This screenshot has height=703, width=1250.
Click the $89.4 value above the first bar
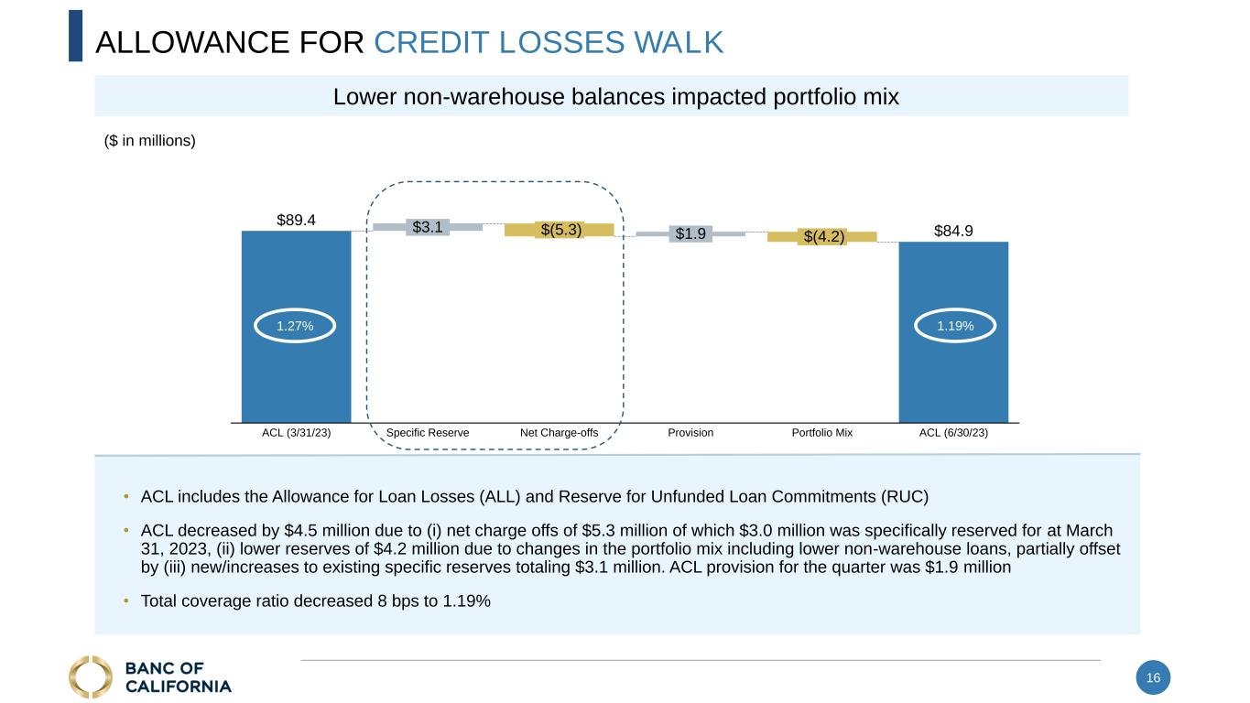[296, 220]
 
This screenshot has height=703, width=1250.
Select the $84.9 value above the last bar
[953, 231]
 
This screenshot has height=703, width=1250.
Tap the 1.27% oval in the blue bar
[296, 326]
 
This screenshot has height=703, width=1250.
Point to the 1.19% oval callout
[953, 326]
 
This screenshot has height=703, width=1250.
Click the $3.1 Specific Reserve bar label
[428, 226]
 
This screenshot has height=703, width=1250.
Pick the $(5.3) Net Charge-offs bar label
[560, 230]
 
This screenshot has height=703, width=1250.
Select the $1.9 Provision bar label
[690, 233]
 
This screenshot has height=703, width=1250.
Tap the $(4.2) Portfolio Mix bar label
[822, 237]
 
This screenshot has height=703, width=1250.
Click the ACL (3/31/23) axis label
[296, 433]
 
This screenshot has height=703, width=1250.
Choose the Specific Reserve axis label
[428, 433]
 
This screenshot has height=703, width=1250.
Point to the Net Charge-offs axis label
[559, 433]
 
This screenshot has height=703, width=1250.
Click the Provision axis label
[690, 433]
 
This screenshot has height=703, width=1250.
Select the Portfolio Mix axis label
[821, 433]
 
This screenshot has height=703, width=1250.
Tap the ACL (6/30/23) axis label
[953, 433]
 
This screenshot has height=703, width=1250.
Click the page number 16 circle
[1153, 678]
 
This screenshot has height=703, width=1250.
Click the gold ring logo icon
[90, 676]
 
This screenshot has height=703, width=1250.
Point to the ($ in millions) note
[150, 141]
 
